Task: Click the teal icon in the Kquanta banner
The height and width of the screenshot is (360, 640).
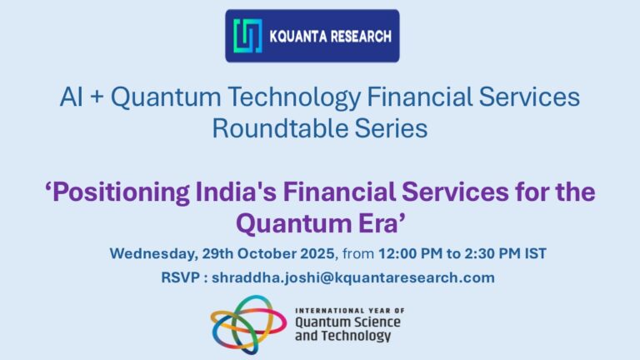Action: coord(247,36)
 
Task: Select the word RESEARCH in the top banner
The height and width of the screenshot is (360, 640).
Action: coord(362,37)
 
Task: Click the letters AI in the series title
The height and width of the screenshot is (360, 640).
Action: coord(72,98)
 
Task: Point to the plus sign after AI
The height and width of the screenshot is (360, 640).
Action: coord(97,99)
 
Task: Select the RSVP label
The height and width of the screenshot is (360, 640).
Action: coord(180,277)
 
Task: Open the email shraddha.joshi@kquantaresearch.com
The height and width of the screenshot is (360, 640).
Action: coord(352,277)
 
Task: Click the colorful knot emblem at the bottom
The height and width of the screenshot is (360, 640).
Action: coord(247,323)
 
